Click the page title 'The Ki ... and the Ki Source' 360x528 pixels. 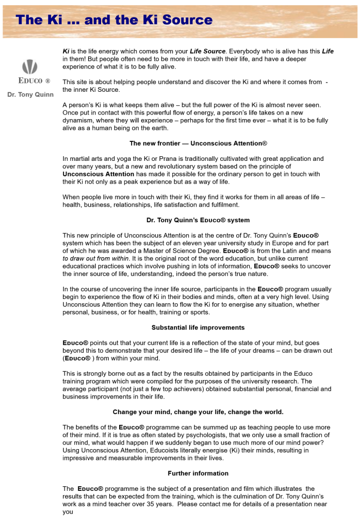pos(114,20)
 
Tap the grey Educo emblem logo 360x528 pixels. pos(30,67)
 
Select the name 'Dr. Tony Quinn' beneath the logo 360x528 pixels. pos(30,94)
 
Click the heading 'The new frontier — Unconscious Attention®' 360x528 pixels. pos(198,143)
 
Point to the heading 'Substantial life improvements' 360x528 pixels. pos(198,327)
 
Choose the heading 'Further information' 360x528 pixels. pos(198,473)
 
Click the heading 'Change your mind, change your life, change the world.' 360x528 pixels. pos(198,412)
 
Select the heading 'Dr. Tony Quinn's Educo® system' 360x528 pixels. pos(198,220)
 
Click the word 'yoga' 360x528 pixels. pos(122,159)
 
